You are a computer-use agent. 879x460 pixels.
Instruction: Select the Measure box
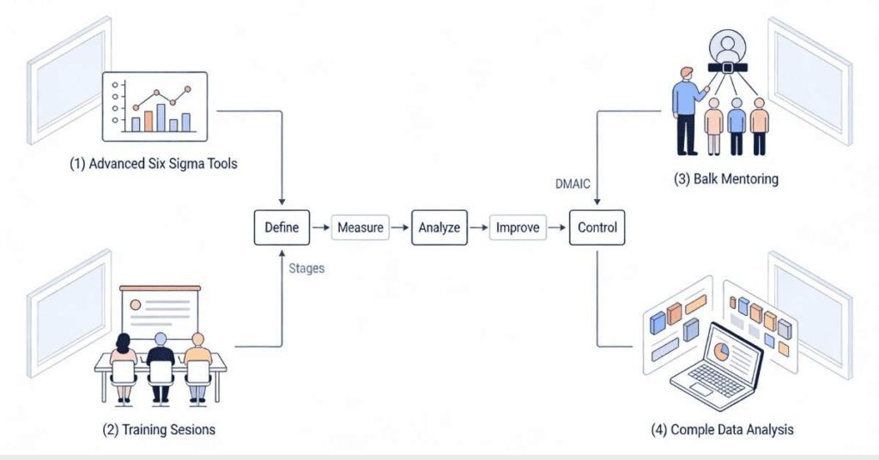pyautogui.click(x=360, y=228)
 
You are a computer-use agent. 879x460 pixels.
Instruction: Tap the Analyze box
pyautogui.click(x=439, y=228)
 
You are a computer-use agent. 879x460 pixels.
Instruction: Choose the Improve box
pyautogui.click(x=518, y=228)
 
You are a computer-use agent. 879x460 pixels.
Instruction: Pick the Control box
pyautogui.click(x=597, y=228)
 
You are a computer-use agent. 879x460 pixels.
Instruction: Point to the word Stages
pyautogui.click(x=306, y=269)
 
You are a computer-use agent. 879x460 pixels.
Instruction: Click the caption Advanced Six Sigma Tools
pyautogui.click(x=154, y=164)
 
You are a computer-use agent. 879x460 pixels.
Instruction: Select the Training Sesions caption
pyautogui.click(x=154, y=429)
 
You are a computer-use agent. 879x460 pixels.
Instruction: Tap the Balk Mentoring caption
pyautogui.click(x=726, y=179)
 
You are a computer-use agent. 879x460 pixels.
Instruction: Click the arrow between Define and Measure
pyautogui.click(x=319, y=228)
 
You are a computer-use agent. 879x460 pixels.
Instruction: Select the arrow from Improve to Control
pyautogui.click(x=558, y=228)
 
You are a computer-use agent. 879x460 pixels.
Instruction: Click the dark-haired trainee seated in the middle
pyautogui.click(x=160, y=365)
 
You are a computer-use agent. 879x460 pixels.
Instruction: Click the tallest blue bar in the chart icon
pyautogui.click(x=161, y=117)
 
